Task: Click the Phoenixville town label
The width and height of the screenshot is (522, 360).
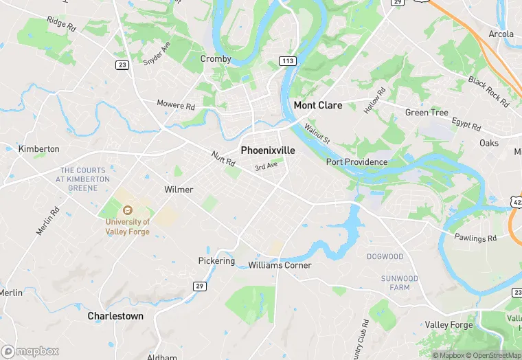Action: pyautogui.click(x=268, y=150)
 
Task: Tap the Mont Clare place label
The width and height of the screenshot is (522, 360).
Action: pyautogui.click(x=318, y=106)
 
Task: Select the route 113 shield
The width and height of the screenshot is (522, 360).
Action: pyautogui.click(x=288, y=62)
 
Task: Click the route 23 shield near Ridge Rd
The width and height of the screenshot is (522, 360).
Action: pyautogui.click(x=122, y=65)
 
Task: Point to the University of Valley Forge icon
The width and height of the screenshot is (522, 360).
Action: pyautogui.click(x=126, y=210)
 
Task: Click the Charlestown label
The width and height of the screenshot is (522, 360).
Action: pyautogui.click(x=115, y=316)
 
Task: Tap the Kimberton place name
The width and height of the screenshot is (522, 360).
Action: pyautogui.click(x=38, y=149)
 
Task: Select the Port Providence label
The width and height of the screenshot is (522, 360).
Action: pyautogui.click(x=356, y=162)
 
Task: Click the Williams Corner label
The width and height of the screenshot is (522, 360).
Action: pyautogui.click(x=280, y=265)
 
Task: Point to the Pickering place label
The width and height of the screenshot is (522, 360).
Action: pyautogui.click(x=216, y=261)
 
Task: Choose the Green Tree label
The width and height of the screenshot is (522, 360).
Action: pyautogui.click(x=427, y=113)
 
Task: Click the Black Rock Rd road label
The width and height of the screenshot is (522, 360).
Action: pyautogui.click(x=488, y=91)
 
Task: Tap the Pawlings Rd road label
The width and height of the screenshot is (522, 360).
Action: pyautogui.click(x=475, y=238)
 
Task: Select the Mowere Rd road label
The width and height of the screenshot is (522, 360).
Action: pyautogui.click(x=176, y=106)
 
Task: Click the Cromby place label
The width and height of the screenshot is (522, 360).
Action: pyautogui.click(x=216, y=59)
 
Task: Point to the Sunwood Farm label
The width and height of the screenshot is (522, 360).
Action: pyautogui.click(x=400, y=283)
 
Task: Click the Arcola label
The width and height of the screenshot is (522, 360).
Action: pyautogui.click(x=501, y=34)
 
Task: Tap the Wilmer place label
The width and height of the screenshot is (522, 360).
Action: pyautogui.click(x=179, y=190)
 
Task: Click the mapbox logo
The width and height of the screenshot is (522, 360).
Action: pyautogui.click(x=30, y=351)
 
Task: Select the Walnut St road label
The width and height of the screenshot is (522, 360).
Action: pyautogui.click(x=318, y=133)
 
